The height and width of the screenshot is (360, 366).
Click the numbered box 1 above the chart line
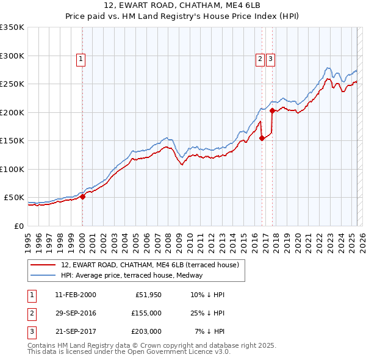pos(81,59)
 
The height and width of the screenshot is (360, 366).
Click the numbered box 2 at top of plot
pos(260,59)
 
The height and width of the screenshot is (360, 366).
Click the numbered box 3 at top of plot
pos(270,59)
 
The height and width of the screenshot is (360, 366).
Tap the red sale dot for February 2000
pos(82,196)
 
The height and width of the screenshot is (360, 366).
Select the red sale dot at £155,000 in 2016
pos(262,138)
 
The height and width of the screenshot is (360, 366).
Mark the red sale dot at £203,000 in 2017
pos(272,111)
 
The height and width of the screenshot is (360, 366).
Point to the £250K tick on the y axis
pos(12,84)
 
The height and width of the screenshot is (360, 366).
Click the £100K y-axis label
pos(12,169)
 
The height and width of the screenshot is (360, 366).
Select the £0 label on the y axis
pos(19,226)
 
